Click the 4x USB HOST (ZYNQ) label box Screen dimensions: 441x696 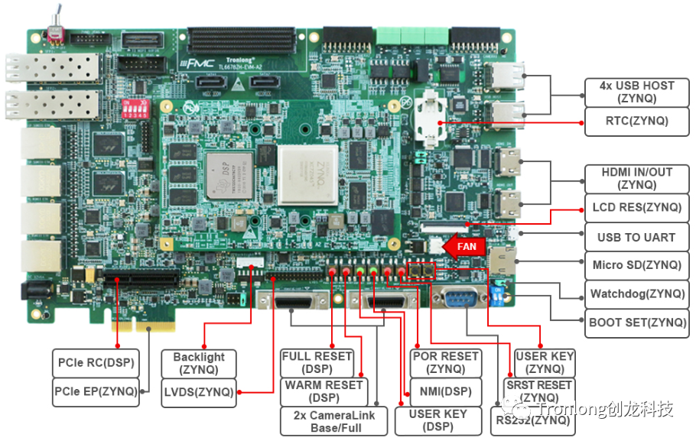pyautogui.click(x=636, y=92)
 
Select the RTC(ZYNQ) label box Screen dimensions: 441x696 pyautogui.click(x=636, y=121)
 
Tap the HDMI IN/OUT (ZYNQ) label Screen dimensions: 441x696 pyautogui.click(x=636, y=179)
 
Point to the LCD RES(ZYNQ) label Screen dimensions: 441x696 pyautogui.click(x=636, y=207)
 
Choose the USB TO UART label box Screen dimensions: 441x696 pyautogui.click(x=636, y=237)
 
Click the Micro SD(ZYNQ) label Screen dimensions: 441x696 pyautogui.click(x=636, y=265)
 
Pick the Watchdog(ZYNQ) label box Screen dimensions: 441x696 pyautogui.click(x=636, y=293)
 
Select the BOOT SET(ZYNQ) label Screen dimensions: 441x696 pyautogui.click(x=636, y=323)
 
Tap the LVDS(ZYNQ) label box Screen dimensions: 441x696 pyautogui.click(x=197, y=392)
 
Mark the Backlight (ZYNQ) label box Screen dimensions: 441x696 pyautogui.click(x=199, y=363)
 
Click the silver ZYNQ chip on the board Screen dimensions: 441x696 pyautogui.click(x=307, y=175)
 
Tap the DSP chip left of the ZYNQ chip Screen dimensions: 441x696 pyautogui.click(x=229, y=174)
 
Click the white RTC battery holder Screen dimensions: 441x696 pyautogui.click(x=434, y=120)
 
